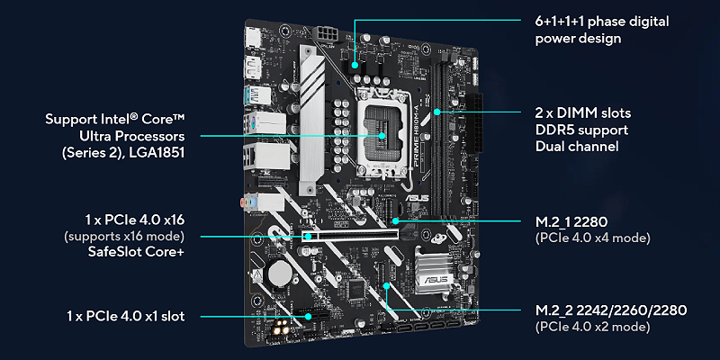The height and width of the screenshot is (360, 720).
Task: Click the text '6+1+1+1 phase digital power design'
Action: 601,30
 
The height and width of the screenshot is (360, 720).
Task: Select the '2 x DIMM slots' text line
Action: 582,112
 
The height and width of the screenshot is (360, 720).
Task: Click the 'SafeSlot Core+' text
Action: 137,252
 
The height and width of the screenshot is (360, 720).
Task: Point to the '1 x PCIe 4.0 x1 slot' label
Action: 126,316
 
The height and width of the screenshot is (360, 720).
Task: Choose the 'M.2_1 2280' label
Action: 571,222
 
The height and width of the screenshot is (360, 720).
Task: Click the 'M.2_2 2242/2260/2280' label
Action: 611,310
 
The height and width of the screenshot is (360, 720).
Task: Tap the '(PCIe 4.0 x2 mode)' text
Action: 592,327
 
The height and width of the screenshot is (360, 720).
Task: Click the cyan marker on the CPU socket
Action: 382,136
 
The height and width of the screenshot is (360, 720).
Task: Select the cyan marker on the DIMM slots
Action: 437,111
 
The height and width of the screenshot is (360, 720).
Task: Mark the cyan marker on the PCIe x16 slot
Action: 308,237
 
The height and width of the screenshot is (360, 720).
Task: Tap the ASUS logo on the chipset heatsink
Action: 435,279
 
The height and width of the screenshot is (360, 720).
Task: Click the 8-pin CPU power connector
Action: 326,33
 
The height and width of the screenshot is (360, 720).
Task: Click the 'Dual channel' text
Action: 577,147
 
